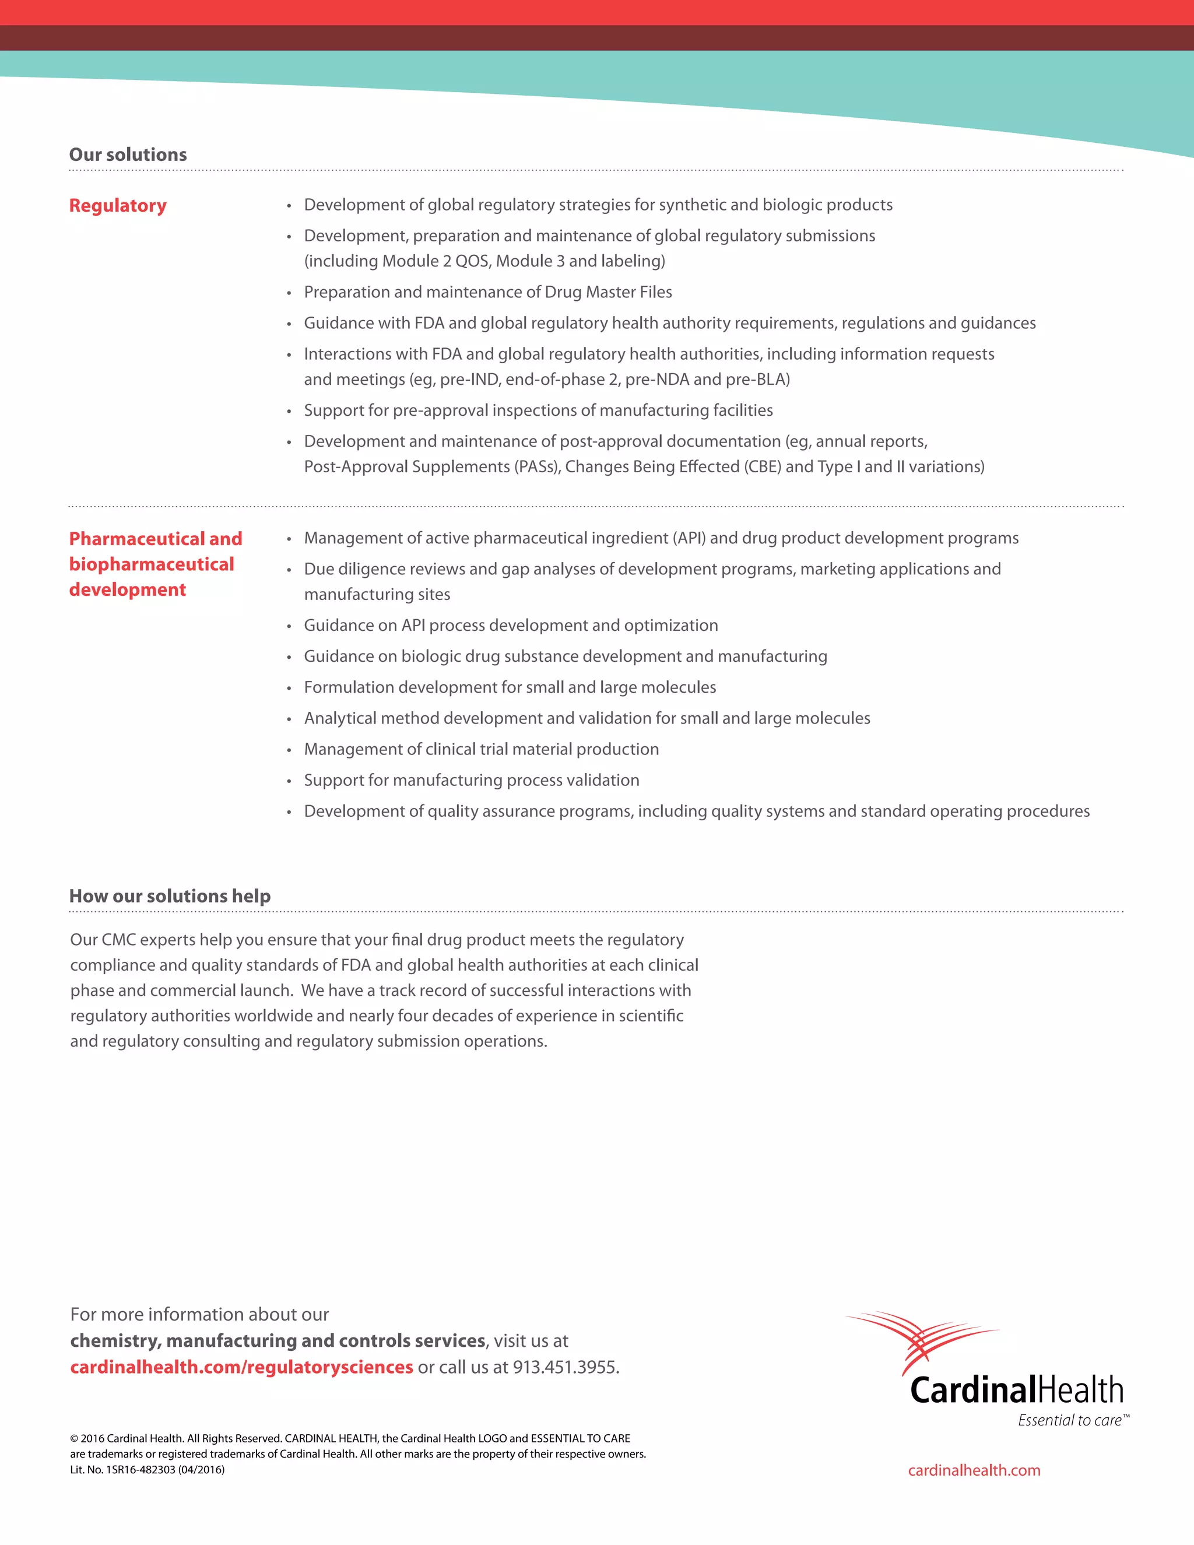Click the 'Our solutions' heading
[128, 155]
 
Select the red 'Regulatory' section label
[117, 206]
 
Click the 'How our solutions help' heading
[170, 896]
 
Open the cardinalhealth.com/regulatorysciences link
[241, 1367]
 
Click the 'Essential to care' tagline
[1069, 1420]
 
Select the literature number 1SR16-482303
[140, 1470]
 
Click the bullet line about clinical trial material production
[481, 749]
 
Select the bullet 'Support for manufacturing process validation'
[471, 780]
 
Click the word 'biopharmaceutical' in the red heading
[152, 564]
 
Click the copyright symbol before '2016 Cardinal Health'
[74, 1438]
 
